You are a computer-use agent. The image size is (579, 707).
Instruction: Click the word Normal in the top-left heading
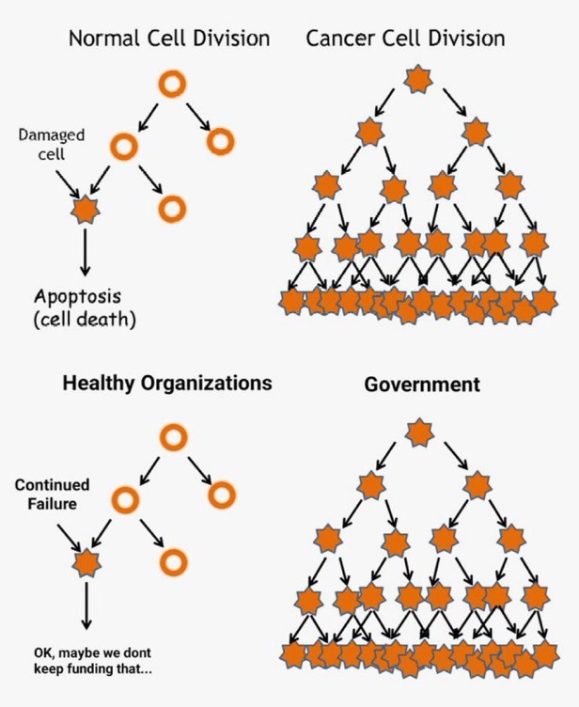pyautogui.click(x=104, y=39)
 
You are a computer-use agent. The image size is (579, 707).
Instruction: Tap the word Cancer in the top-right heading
pyautogui.click(x=340, y=39)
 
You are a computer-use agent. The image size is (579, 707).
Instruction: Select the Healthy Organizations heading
pyautogui.click(x=167, y=384)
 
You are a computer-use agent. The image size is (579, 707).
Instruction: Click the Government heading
pyautogui.click(x=422, y=385)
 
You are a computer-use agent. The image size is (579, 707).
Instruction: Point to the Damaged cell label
pyautogui.click(x=52, y=144)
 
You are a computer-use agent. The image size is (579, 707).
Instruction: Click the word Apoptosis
pyautogui.click(x=78, y=298)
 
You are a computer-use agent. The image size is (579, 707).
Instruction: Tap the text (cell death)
pyautogui.click(x=85, y=320)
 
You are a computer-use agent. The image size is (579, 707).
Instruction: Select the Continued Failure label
pyautogui.click(x=53, y=495)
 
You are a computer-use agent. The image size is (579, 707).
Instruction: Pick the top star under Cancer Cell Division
pyautogui.click(x=418, y=81)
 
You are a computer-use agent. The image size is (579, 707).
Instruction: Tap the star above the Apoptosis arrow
pyautogui.click(x=86, y=210)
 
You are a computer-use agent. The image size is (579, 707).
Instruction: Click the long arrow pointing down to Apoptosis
pyautogui.click(x=86, y=252)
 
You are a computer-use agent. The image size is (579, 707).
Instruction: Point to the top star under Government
pyautogui.click(x=419, y=433)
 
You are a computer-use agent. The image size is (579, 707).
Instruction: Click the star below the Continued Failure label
pyautogui.click(x=87, y=563)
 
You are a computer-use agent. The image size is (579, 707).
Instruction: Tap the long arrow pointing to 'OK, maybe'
pyautogui.click(x=86, y=605)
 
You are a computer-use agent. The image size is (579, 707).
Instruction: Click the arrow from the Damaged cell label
pyautogui.click(x=68, y=183)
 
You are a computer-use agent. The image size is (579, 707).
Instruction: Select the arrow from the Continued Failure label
pyautogui.click(x=70, y=537)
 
